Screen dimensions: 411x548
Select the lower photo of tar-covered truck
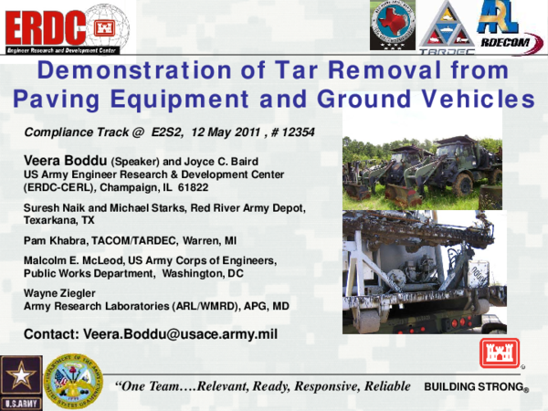tap(421, 271)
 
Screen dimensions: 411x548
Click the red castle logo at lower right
tap(499, 353)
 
